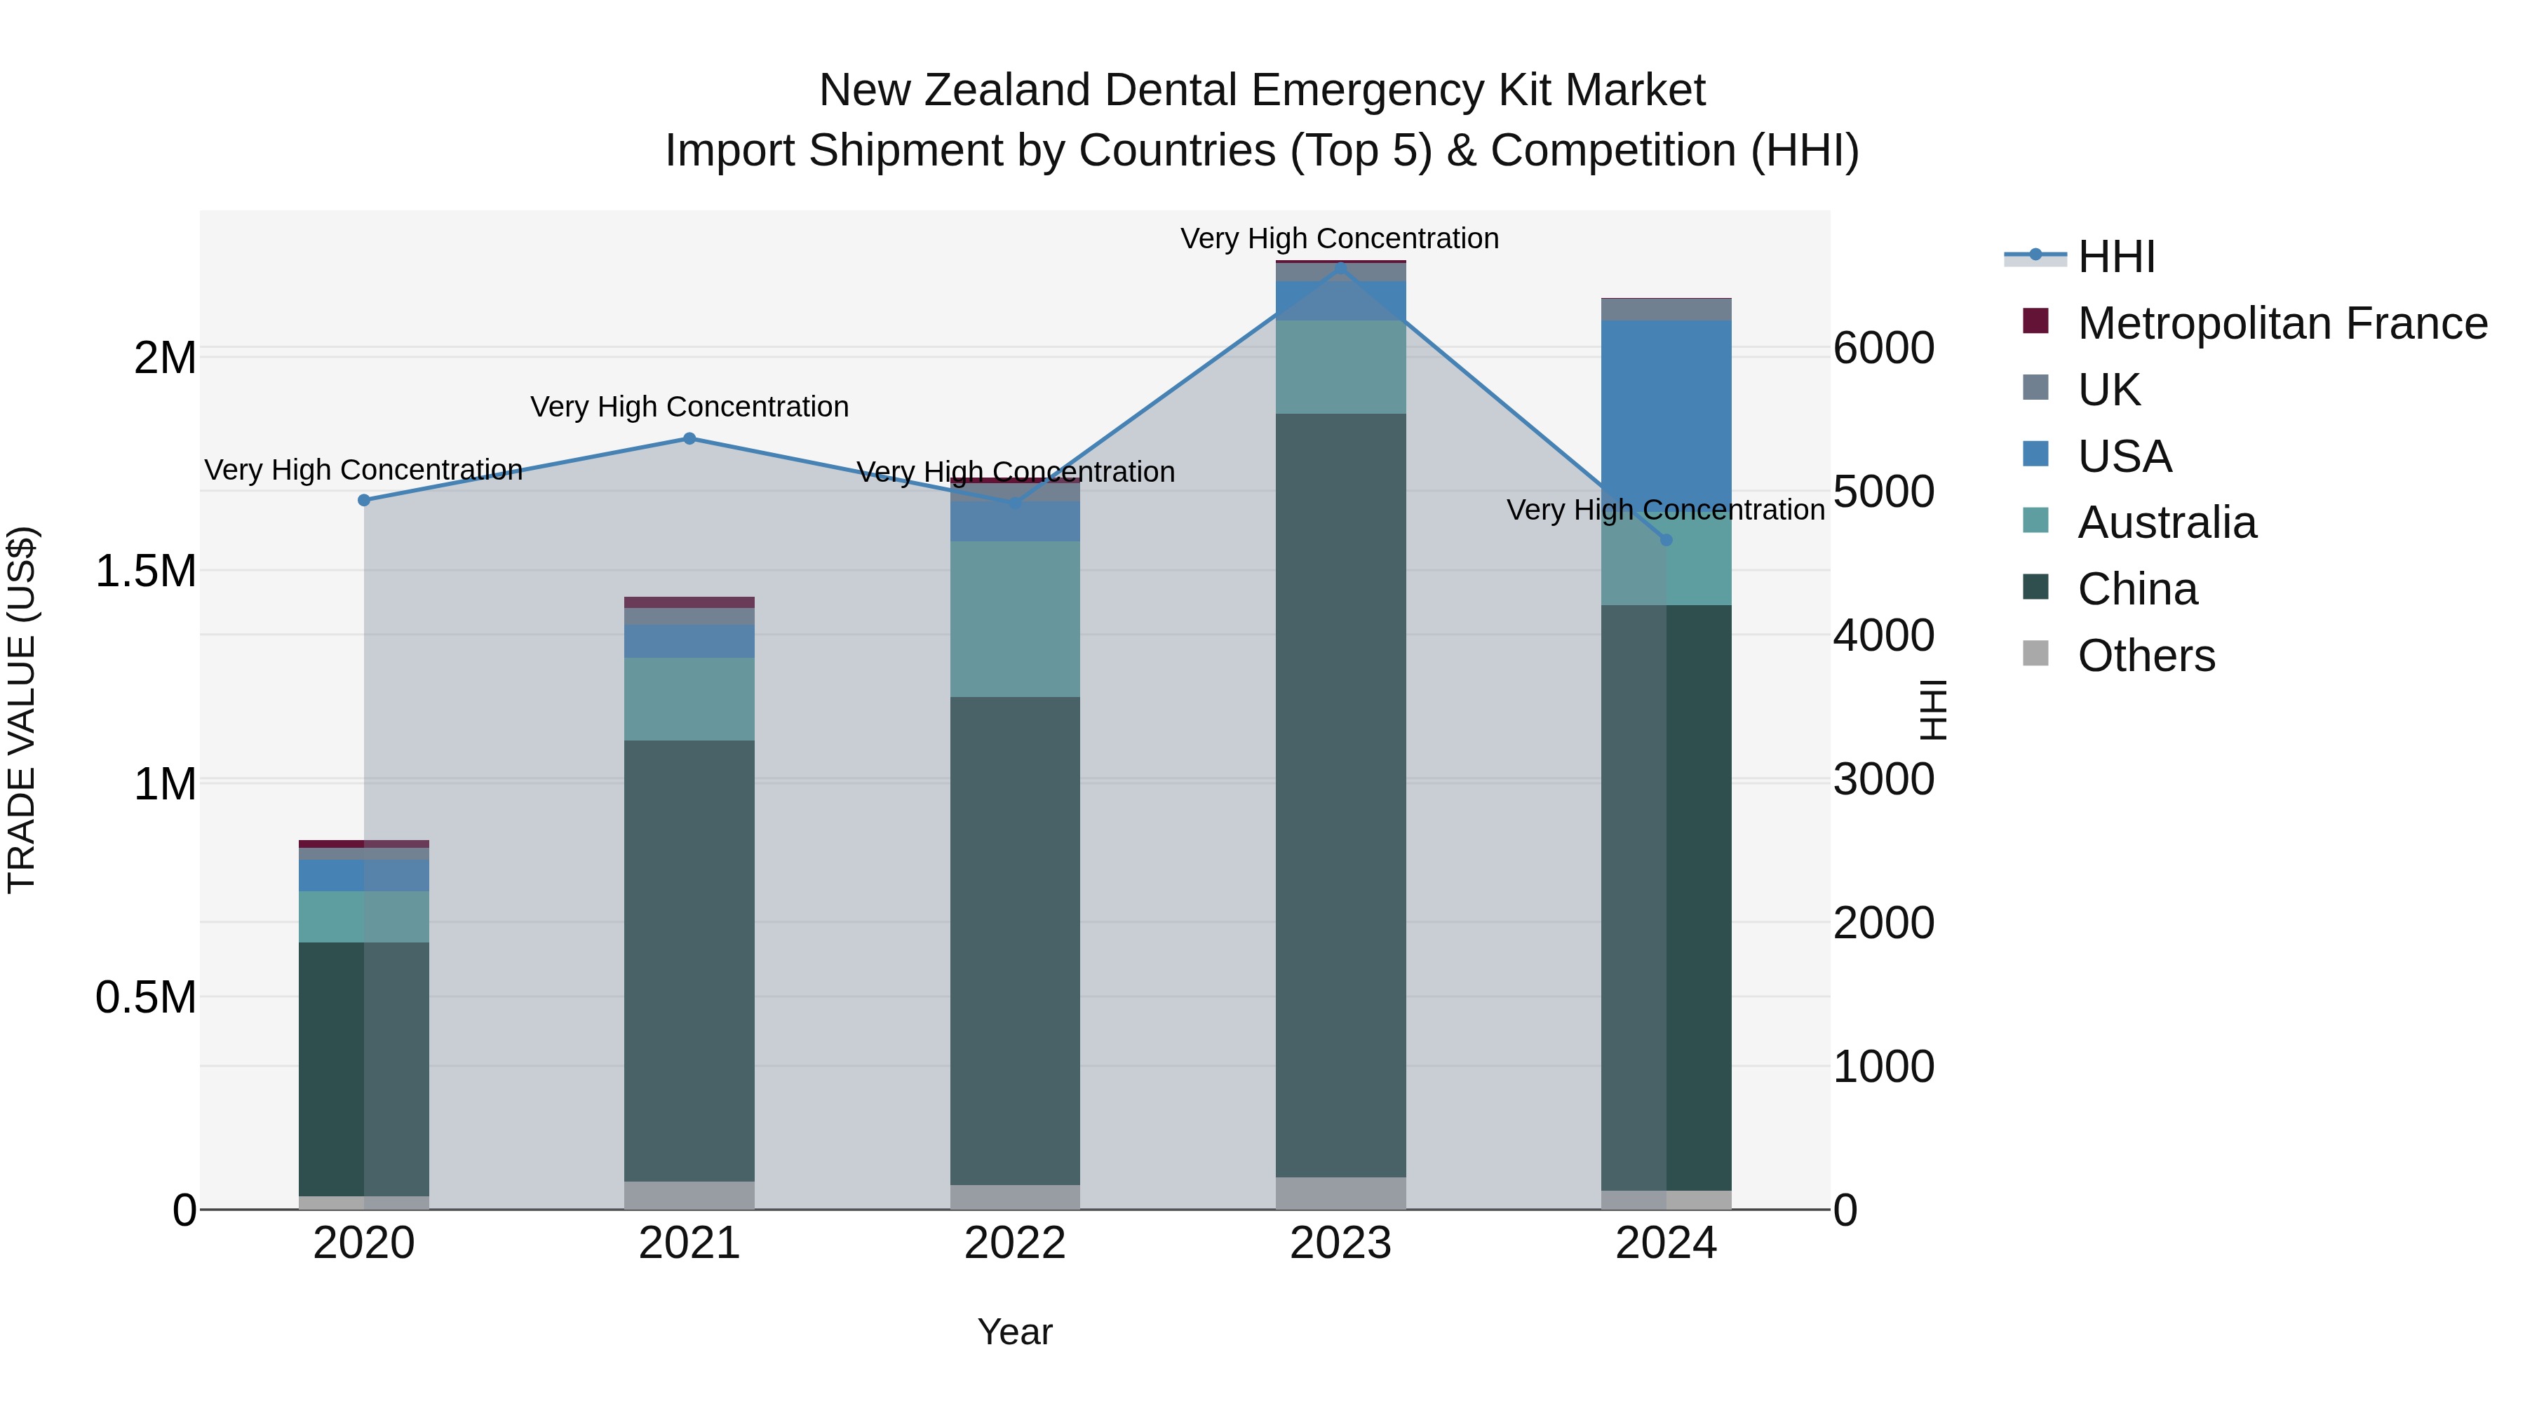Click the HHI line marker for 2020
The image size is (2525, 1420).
(x=363, y=500)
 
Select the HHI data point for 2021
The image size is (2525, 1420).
(x=689, y=438)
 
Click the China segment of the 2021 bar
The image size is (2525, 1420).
(x=689, y=961)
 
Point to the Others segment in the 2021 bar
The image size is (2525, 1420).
(x=689, y=1195)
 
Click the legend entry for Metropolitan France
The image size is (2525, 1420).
(x=2281, y=323)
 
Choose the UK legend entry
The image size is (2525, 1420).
(x=2108, y=390)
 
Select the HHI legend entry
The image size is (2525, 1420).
(x=2115, y=257)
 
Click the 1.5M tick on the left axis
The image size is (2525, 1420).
(x=146, y=570)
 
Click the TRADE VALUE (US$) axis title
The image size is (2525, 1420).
(x=22, y=710)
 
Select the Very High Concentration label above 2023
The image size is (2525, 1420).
(x=1339, y=238)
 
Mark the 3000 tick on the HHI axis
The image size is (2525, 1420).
(x=1883, y=779)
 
